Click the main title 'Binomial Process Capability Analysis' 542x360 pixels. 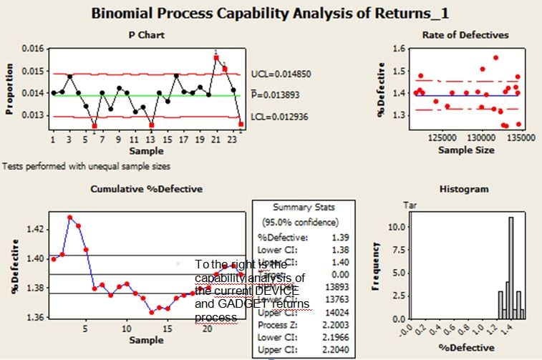click(x=270, y=12)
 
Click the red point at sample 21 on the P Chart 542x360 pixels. click(x=216, y=57)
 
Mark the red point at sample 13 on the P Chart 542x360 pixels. click(x=151, y=125)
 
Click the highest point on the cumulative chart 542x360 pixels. click(x=70, y=217)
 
